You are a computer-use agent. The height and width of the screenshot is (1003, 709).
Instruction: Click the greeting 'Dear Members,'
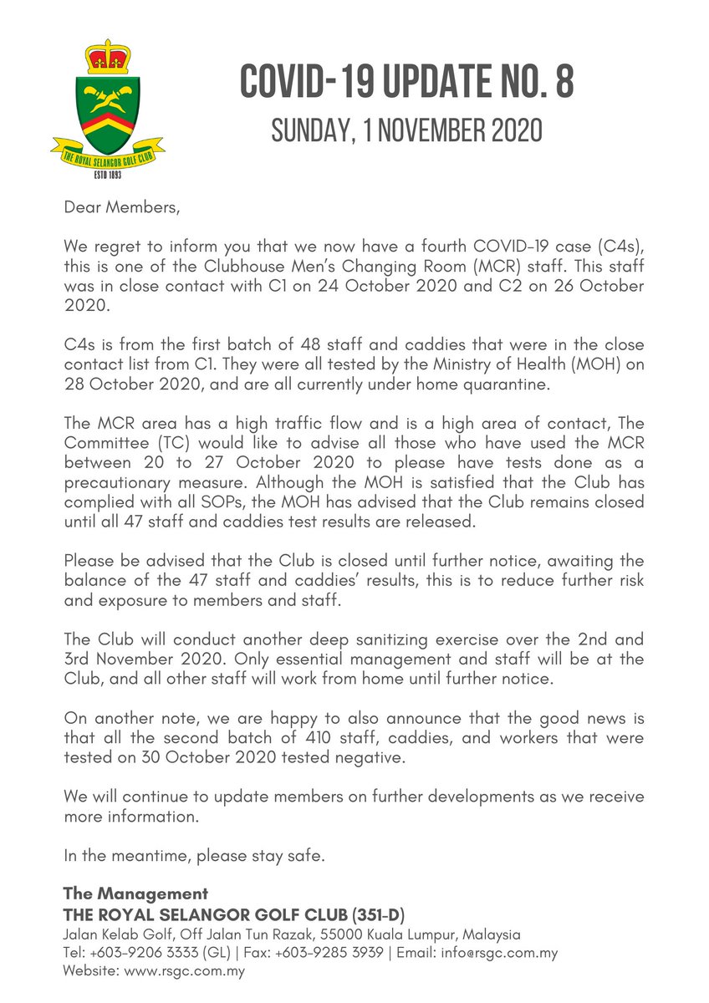(x=121, y=207)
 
